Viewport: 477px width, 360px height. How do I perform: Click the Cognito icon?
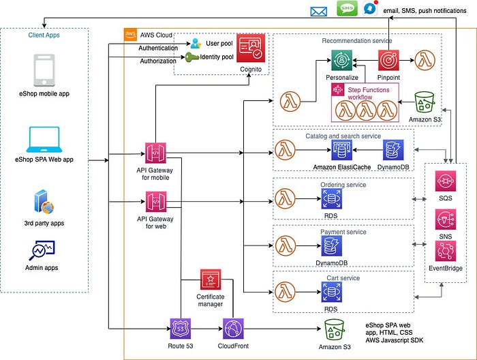click(x=253, y=47)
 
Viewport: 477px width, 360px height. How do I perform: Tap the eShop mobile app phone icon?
click(x=44, y=70)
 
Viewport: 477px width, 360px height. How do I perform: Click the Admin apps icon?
click(x=42, y=251)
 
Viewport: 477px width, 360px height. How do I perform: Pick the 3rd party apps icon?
click(x=44, y=203)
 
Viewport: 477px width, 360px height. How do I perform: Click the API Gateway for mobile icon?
click(x=156, y=153)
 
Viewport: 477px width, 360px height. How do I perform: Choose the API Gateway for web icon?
click(x=156, y=202)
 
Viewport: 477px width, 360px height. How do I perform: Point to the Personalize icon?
click(x=343, y=61)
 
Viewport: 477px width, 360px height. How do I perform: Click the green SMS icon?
click(x=347, y=9)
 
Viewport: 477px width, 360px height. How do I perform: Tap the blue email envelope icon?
click(x=319, y=11)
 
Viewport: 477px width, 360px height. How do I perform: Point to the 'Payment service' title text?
click(x=343, y=232)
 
